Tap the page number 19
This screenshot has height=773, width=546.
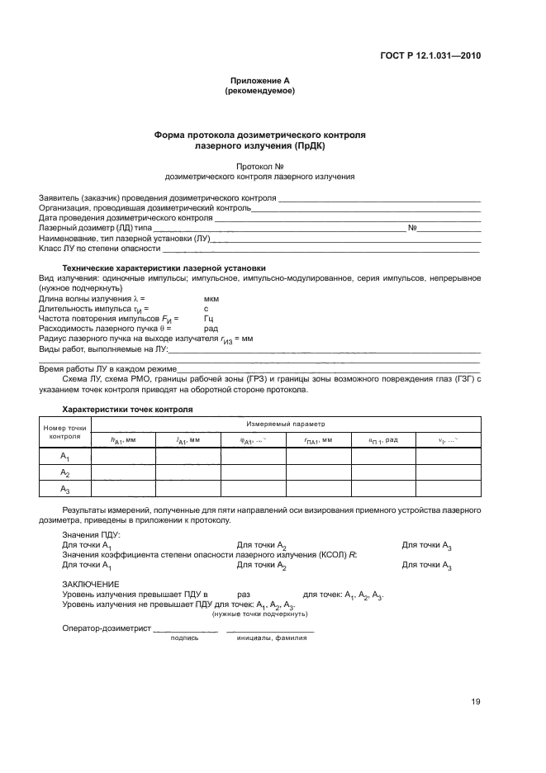click(x=476, y=702)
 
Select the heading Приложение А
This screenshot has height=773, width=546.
click(x=259, y=80)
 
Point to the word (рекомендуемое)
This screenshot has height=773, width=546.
click(x=259, y=91)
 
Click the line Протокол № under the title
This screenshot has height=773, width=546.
click(x=259, y=165)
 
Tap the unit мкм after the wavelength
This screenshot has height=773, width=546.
click(x=211, y=299)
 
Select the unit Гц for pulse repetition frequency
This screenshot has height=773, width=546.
click(x=209, y=318)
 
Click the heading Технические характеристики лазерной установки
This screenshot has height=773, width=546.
click(x=164, y=268)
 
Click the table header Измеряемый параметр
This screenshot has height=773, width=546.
click(x=286, y=423)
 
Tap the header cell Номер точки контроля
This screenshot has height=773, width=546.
click(x=64, y=432)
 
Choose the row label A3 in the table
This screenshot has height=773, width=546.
click(x=64, y=490)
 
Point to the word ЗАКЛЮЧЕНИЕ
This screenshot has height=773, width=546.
click(x=90, y=583)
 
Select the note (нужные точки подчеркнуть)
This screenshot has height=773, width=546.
click(x=259, y=614)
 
